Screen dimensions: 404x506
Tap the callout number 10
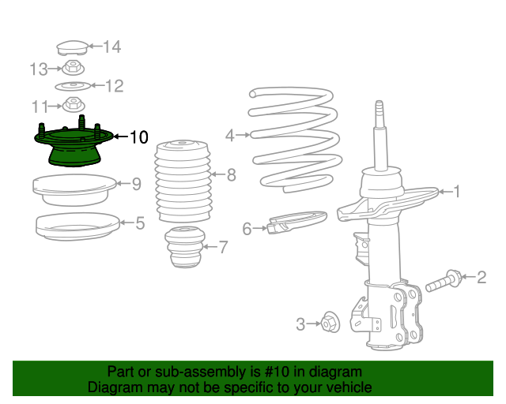[x=138, y=137]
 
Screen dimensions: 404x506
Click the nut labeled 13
[x=73, y=69]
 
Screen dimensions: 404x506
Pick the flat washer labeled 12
[x=72, y=86]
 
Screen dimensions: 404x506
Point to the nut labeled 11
[x=74, y=105]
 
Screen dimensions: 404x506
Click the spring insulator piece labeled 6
[x=296, y=223]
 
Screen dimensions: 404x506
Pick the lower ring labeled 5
[x=72, y=226]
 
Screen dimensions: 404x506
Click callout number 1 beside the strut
[x=455, y=191]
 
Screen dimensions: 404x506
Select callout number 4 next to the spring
[x=229, y=136]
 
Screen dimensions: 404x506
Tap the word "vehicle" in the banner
[x=346, y=387]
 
